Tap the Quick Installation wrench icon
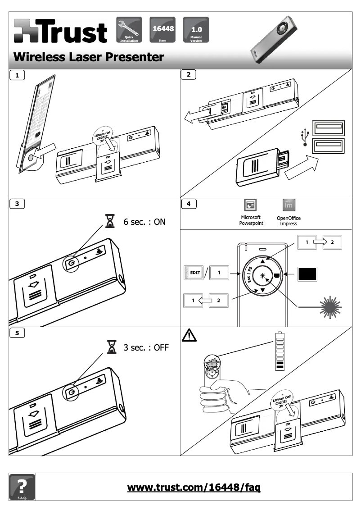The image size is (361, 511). tap(129, 29)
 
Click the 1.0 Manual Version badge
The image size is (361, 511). tap(196, 29)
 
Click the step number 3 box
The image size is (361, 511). tap(17, 204)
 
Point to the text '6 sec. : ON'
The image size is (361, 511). tap(144, 222)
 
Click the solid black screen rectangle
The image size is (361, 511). tap(308, 274)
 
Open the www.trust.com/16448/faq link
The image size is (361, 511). tap(194, 487)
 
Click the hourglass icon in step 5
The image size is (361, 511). tap(109, 347)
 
